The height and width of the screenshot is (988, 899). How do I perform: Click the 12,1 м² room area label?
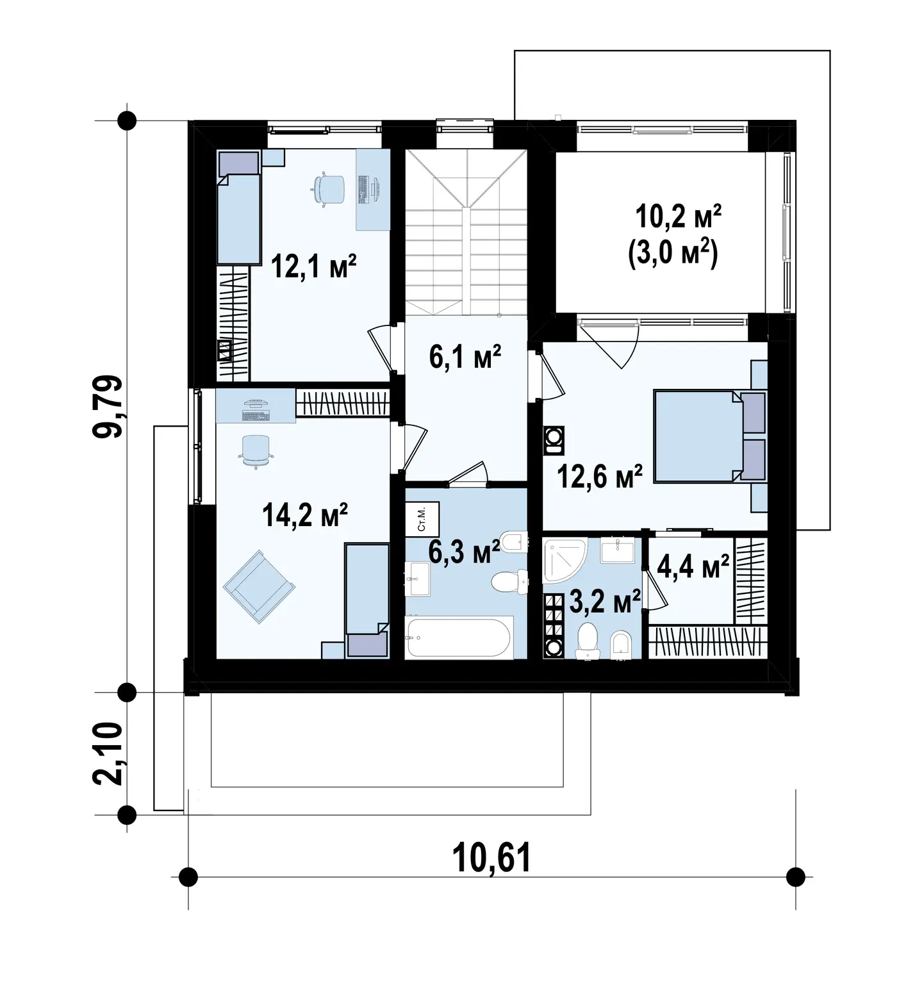[x=313, y=265]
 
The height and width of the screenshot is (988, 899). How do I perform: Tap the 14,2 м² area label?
[x=305, y=515]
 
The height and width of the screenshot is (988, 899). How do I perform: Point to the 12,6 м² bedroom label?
[x=600, y=476]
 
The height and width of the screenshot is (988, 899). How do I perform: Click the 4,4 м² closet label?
[x=693, y=567]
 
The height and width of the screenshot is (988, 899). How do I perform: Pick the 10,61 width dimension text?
[x=491, y=858]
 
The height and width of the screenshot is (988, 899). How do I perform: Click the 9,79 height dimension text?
[x=107, y=406]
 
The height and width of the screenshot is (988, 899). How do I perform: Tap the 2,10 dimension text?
[x=107, y=753]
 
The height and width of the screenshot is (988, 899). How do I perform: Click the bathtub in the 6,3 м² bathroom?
[x=459, y=637]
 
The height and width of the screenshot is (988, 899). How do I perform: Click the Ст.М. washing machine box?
[x=422, y=520]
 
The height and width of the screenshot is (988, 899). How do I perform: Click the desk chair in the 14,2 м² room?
[x=256, y=451]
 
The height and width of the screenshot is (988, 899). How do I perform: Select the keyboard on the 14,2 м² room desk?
[x=256, y=416]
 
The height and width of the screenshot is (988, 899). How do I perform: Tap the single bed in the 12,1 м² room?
[x=238, y=208]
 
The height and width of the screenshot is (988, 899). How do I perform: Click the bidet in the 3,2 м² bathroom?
[x=621, y=645]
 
